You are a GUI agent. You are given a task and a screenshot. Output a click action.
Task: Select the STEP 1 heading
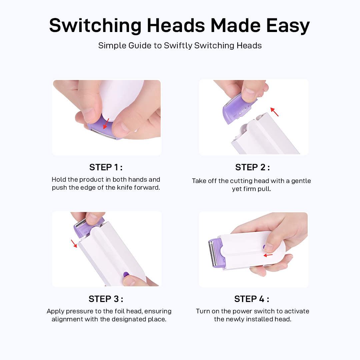coord(106,167)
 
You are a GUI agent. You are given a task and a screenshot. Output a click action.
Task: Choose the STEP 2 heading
coord(252,167)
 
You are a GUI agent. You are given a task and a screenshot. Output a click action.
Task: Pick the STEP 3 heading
coord(106,299)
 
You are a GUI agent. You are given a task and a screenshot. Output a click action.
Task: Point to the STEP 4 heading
coord(252,299)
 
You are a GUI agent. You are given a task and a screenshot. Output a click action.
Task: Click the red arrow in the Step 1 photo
coord(106,124)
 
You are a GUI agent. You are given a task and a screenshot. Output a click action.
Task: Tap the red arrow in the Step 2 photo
coord(274,112)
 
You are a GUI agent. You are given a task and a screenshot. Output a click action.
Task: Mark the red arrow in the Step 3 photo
coord(74,243)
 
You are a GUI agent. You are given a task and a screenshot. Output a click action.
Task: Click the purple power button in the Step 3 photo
coord(126,275)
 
